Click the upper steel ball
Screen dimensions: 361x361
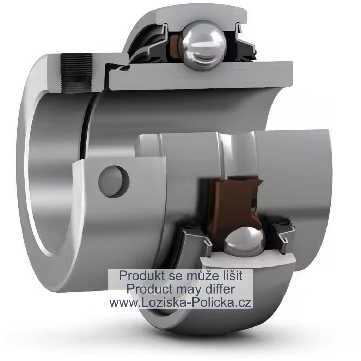(x=203, y=45)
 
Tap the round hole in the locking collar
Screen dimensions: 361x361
(x=114, y=182)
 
